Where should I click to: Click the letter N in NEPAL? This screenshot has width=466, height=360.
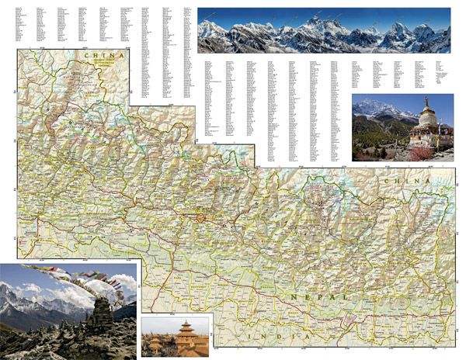coord(290,298)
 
